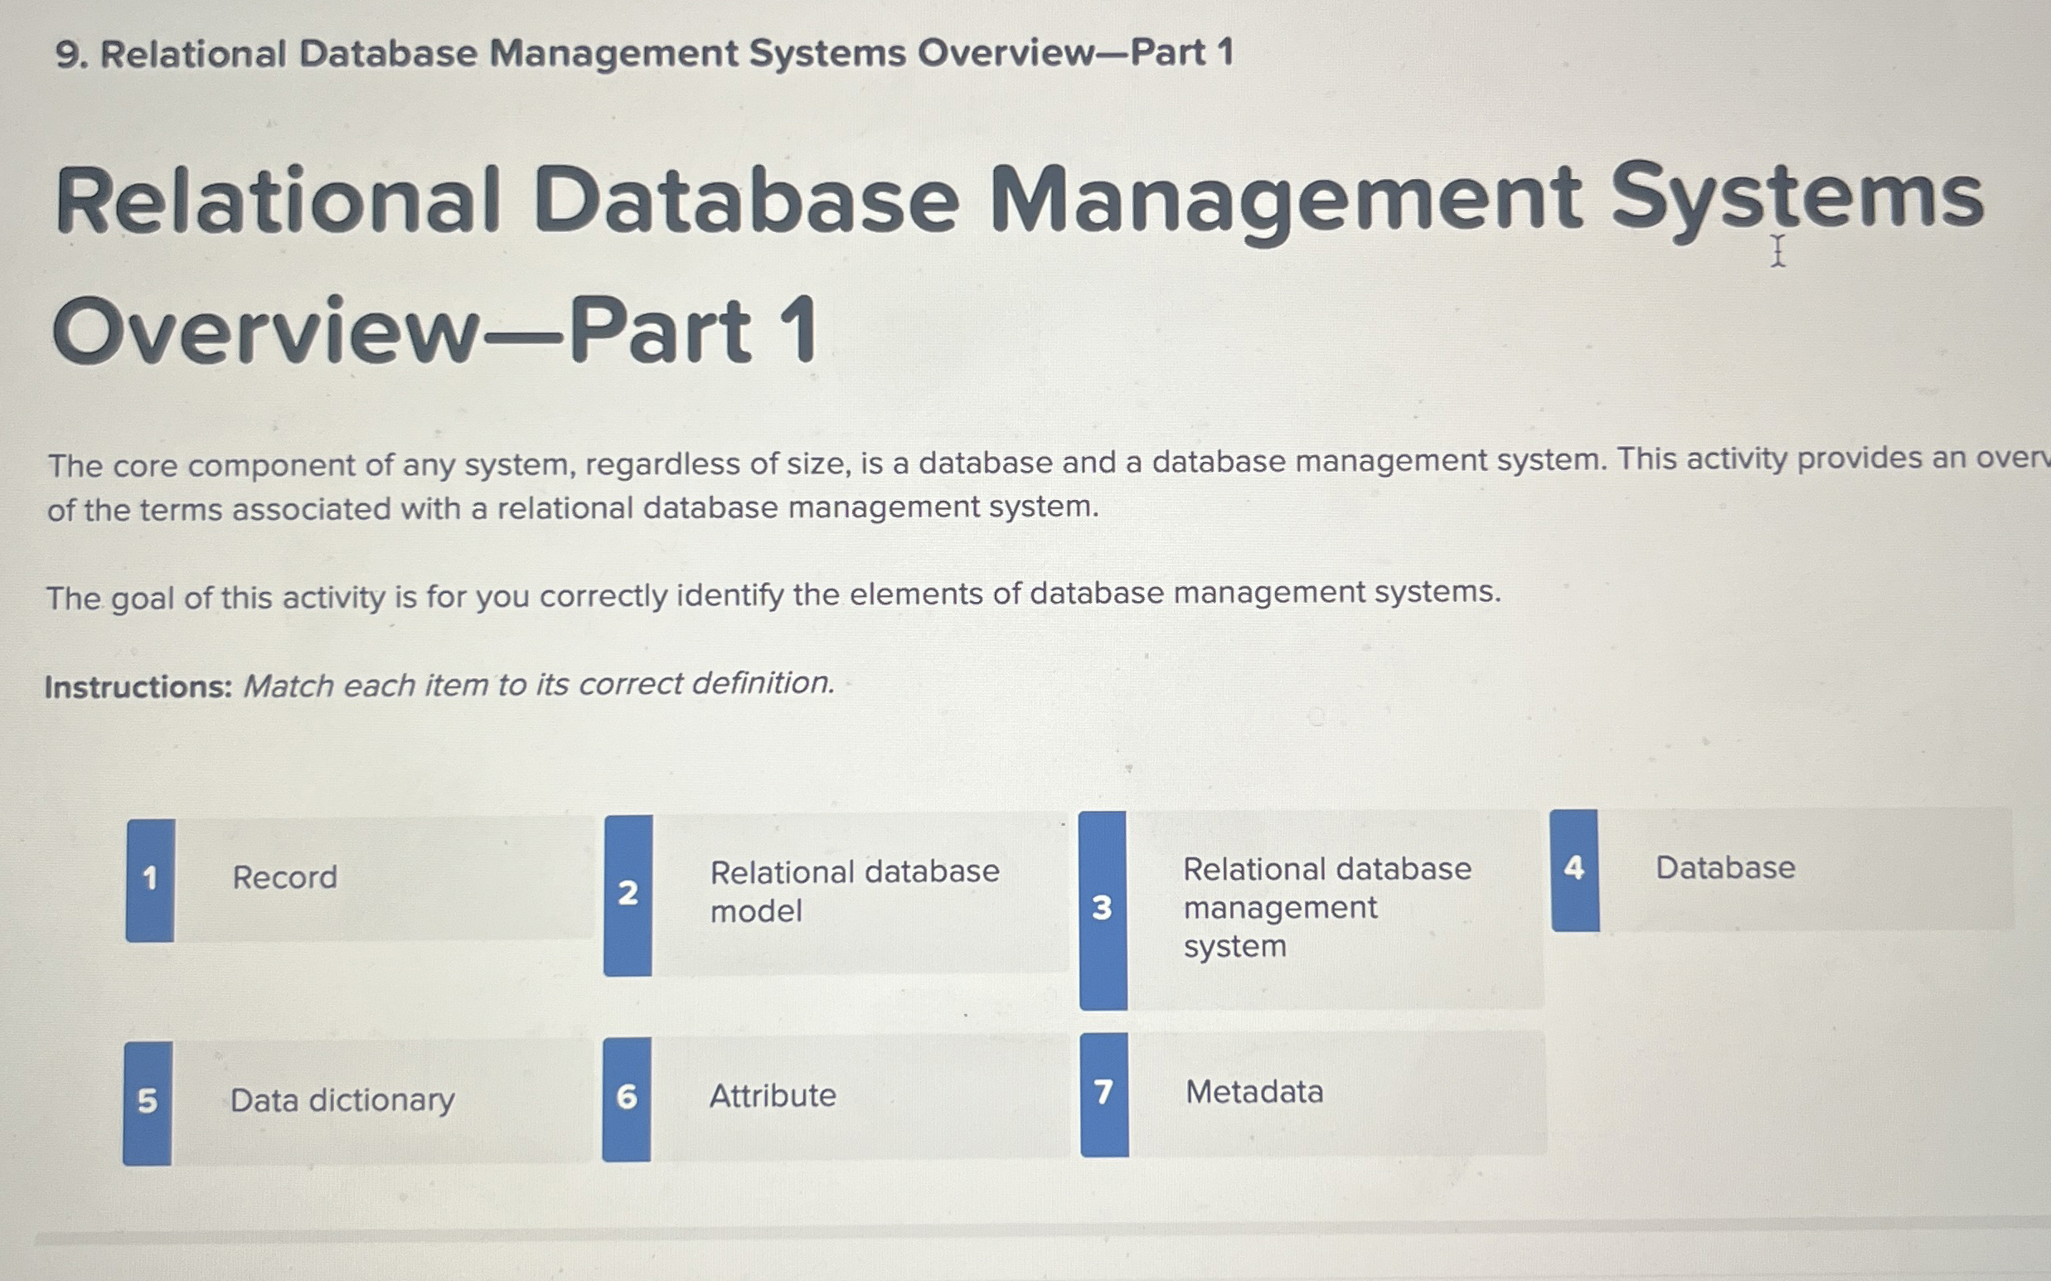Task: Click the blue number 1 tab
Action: (150, 880)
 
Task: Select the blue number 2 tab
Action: (628, 894)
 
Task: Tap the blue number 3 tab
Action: (1102, 909)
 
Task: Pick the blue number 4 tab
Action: (1575, 869)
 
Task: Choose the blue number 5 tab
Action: (148, 1102)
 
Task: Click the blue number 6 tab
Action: (627, 1098)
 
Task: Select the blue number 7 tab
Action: (1104, 1093)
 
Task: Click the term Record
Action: (284, 878)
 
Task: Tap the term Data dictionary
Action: (342, 1100)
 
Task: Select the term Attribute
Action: (773, 1096)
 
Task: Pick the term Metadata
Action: (1253, 1092)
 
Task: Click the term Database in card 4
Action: (1725, 868)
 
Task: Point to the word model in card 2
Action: (756, 911)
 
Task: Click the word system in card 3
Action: (1234, 946)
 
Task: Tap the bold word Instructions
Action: (138, 687)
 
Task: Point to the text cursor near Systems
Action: (1777, 251)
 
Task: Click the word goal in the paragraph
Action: (143, 599)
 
